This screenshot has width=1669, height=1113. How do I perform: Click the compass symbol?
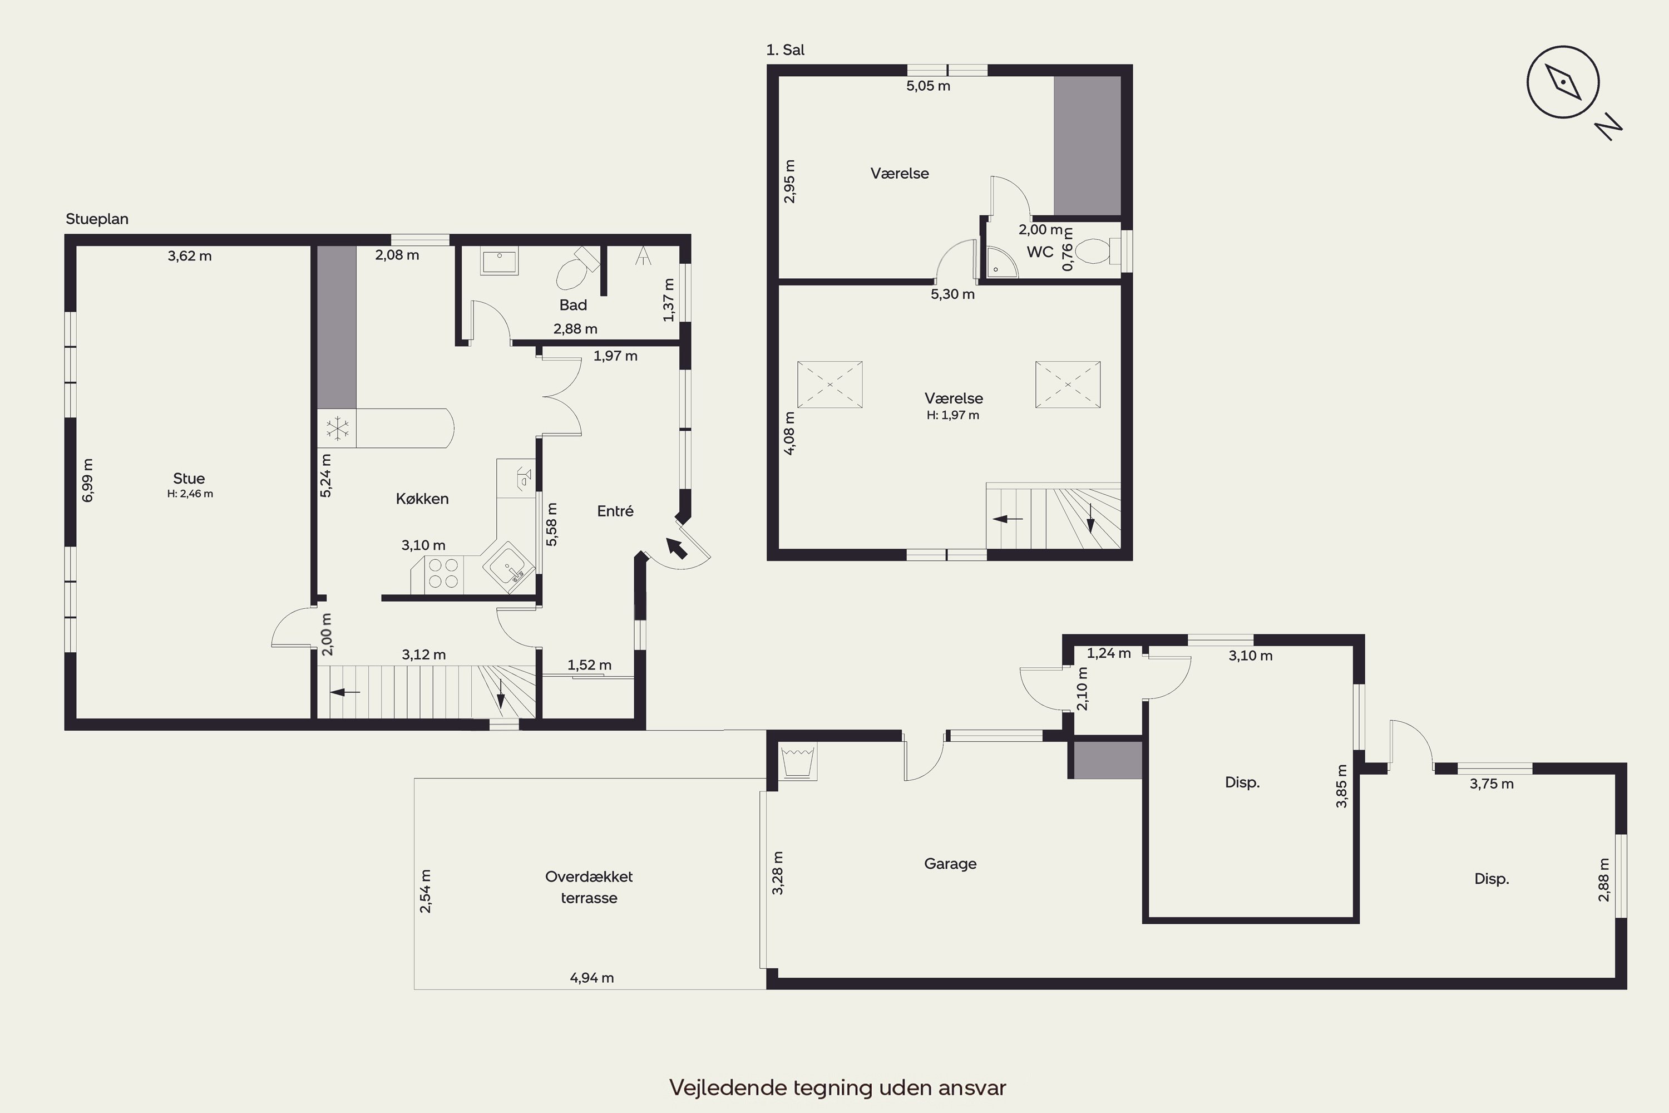[1563, 82]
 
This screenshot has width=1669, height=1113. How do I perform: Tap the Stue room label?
[189, 479]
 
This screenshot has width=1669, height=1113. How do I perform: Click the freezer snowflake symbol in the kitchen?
[337, 428]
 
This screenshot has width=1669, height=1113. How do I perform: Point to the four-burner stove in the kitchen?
[443, 574]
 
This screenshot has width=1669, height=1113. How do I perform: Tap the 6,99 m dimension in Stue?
[88, 481]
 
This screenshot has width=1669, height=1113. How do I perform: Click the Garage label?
[950, 863]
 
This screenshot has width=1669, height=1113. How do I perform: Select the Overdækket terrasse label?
[589, 887]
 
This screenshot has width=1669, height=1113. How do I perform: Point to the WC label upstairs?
[1040, 252]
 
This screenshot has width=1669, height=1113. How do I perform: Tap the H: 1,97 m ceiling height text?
[953, 415]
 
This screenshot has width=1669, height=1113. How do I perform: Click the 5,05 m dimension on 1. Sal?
[928, 86]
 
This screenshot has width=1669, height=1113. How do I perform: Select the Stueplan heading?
[97, 219]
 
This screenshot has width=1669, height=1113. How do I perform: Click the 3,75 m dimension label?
[1492, 784]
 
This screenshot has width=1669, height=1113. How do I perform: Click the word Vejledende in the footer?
[729, 1087]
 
